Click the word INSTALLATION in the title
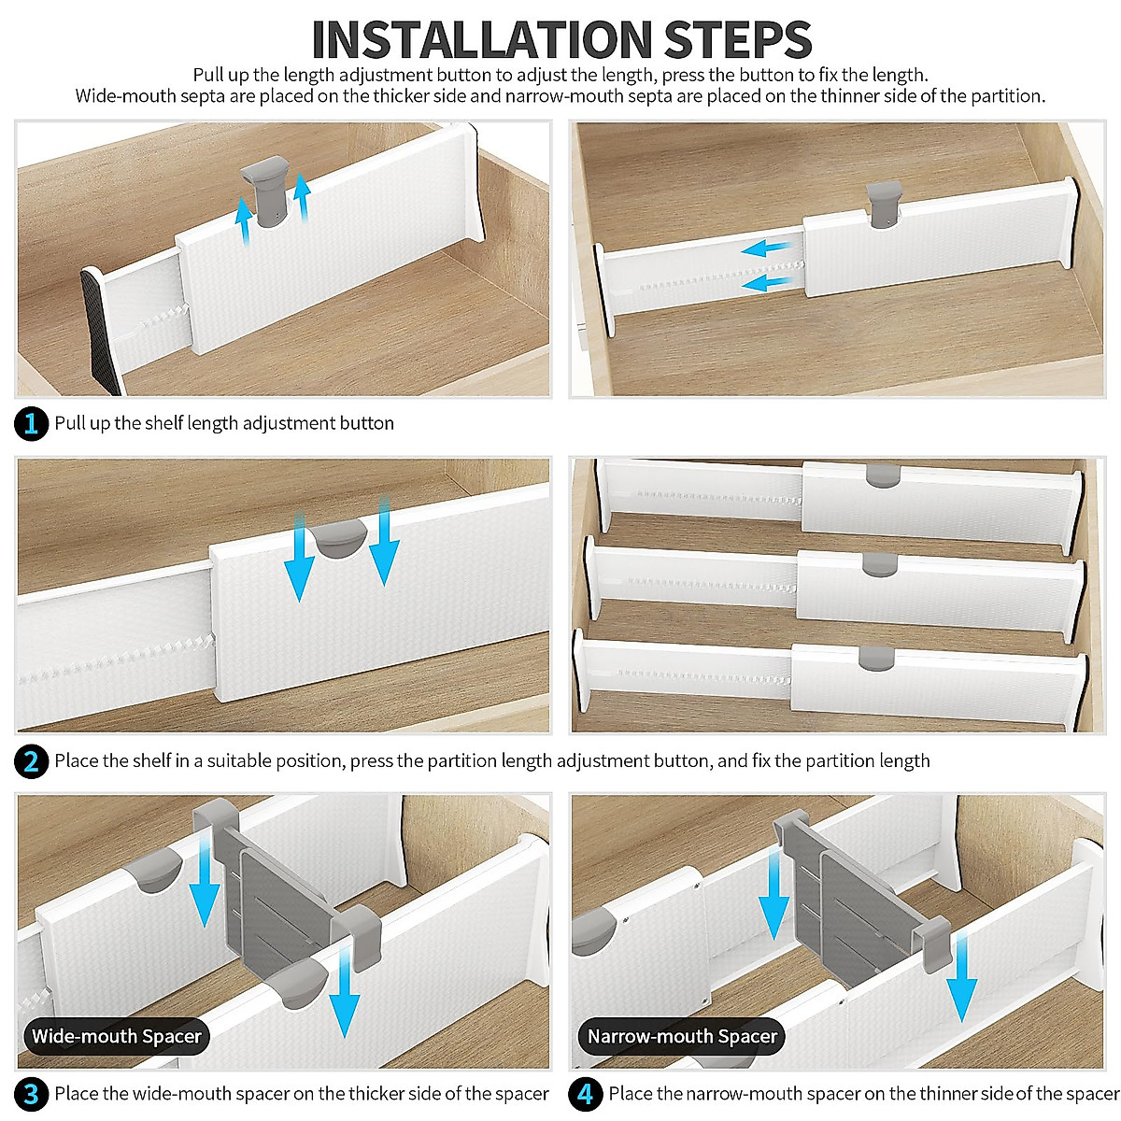(482, 39)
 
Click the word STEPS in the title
(738, 39)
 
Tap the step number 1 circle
(31, 423)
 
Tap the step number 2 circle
(31, 761)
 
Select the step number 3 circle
(31, 1094)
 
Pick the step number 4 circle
(585, 1094)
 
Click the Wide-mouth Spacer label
(117, 1036)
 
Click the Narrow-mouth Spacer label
(682, 1036)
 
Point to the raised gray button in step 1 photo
(266, 192)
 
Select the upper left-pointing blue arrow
(767, 249)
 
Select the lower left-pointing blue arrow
(768, 284)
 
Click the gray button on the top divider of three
(883, 475)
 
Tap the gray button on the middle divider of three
(880, 564)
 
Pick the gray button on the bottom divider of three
(876, 658)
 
